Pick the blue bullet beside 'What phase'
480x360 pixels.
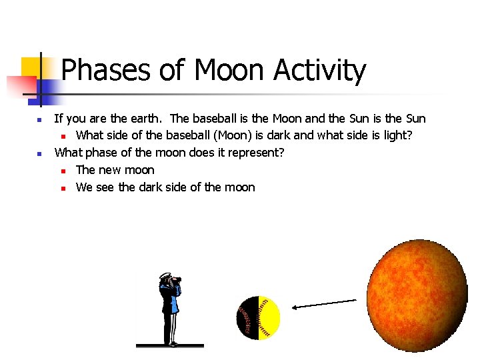[39, 154]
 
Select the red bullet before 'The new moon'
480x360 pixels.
[62, 171]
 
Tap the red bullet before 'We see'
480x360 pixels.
[62, 189]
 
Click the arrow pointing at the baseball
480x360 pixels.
[325, 304]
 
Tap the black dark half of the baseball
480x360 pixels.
[246, 318]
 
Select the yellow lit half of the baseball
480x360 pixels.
[269, 317]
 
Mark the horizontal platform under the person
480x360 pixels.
[169, 345]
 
